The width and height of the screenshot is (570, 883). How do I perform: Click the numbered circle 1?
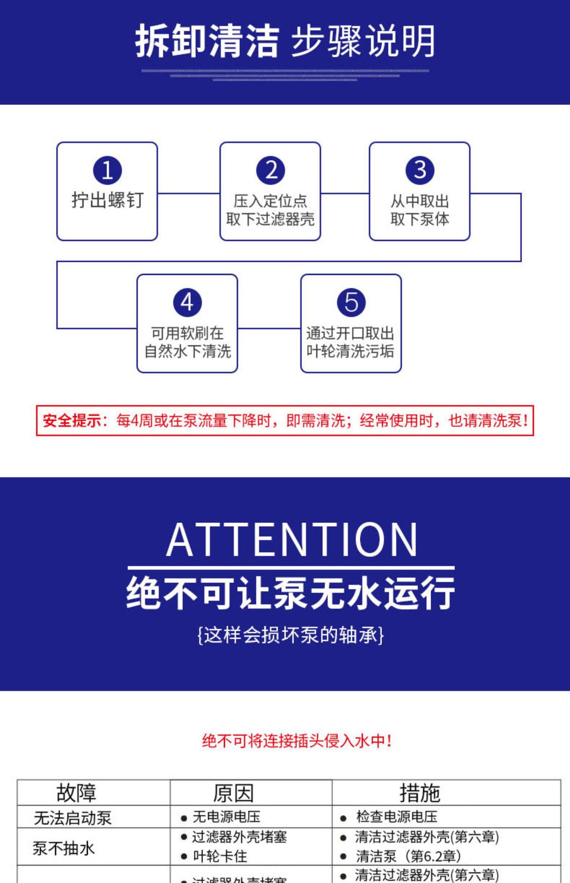(x=107, y=170)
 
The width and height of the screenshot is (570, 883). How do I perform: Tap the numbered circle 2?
(x=270, y=170)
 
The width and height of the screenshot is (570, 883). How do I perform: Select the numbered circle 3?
(x=420, y=170)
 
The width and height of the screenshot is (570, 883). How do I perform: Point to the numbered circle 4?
(x=187, y=303)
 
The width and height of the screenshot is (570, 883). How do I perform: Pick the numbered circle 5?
(x=351, y=303)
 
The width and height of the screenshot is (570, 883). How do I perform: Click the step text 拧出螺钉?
(x=107, y=201)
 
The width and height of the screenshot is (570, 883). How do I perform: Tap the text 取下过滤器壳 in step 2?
(x=270, y=219)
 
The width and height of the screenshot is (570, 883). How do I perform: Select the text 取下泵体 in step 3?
(x=420, y=219)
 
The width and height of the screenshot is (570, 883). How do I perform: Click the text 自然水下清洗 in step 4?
(x=188, y=351)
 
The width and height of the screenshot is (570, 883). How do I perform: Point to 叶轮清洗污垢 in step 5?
(x=350, y=351)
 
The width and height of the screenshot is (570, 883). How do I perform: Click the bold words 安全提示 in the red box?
(x=72, y=420)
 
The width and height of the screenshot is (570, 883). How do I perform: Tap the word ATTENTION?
(x=292, y=540)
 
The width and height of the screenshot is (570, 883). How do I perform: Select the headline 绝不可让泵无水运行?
(x=291, y=593)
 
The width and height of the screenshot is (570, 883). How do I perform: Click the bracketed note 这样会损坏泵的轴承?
(x=291, y=636)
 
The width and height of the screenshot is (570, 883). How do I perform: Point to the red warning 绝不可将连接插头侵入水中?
(x=296, y=741)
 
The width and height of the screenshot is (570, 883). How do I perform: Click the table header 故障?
(x=76, y=793)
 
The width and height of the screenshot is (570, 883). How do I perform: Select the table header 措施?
(x=419, y=793)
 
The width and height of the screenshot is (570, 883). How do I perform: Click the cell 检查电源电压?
(x=396, y=817)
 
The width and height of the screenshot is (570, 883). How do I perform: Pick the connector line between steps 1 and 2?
(x=188, y=193)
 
